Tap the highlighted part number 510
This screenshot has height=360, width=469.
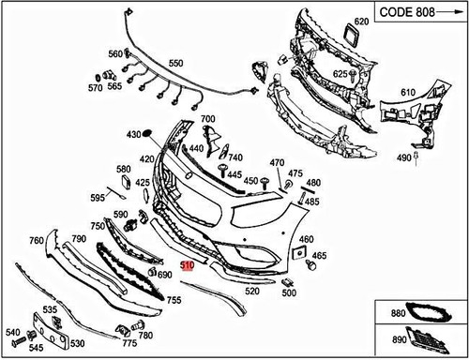[x=188, y=265]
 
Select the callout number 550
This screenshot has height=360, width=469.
[x=175, y=64]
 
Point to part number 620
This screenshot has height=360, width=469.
[x=362, y=21]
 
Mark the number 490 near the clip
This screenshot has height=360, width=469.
[x=403, y=158]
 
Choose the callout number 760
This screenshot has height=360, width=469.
[x=36, y=241]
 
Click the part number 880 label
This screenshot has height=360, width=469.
[x=398, y=314]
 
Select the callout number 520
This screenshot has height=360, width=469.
[x=251, y=291]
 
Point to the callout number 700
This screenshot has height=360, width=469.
[x=207, y=119]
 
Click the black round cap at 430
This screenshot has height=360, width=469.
[x=146, y=134]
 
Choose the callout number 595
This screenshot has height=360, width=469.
[x=98, y=198]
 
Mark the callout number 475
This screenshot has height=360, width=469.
[x=295, y=173]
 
